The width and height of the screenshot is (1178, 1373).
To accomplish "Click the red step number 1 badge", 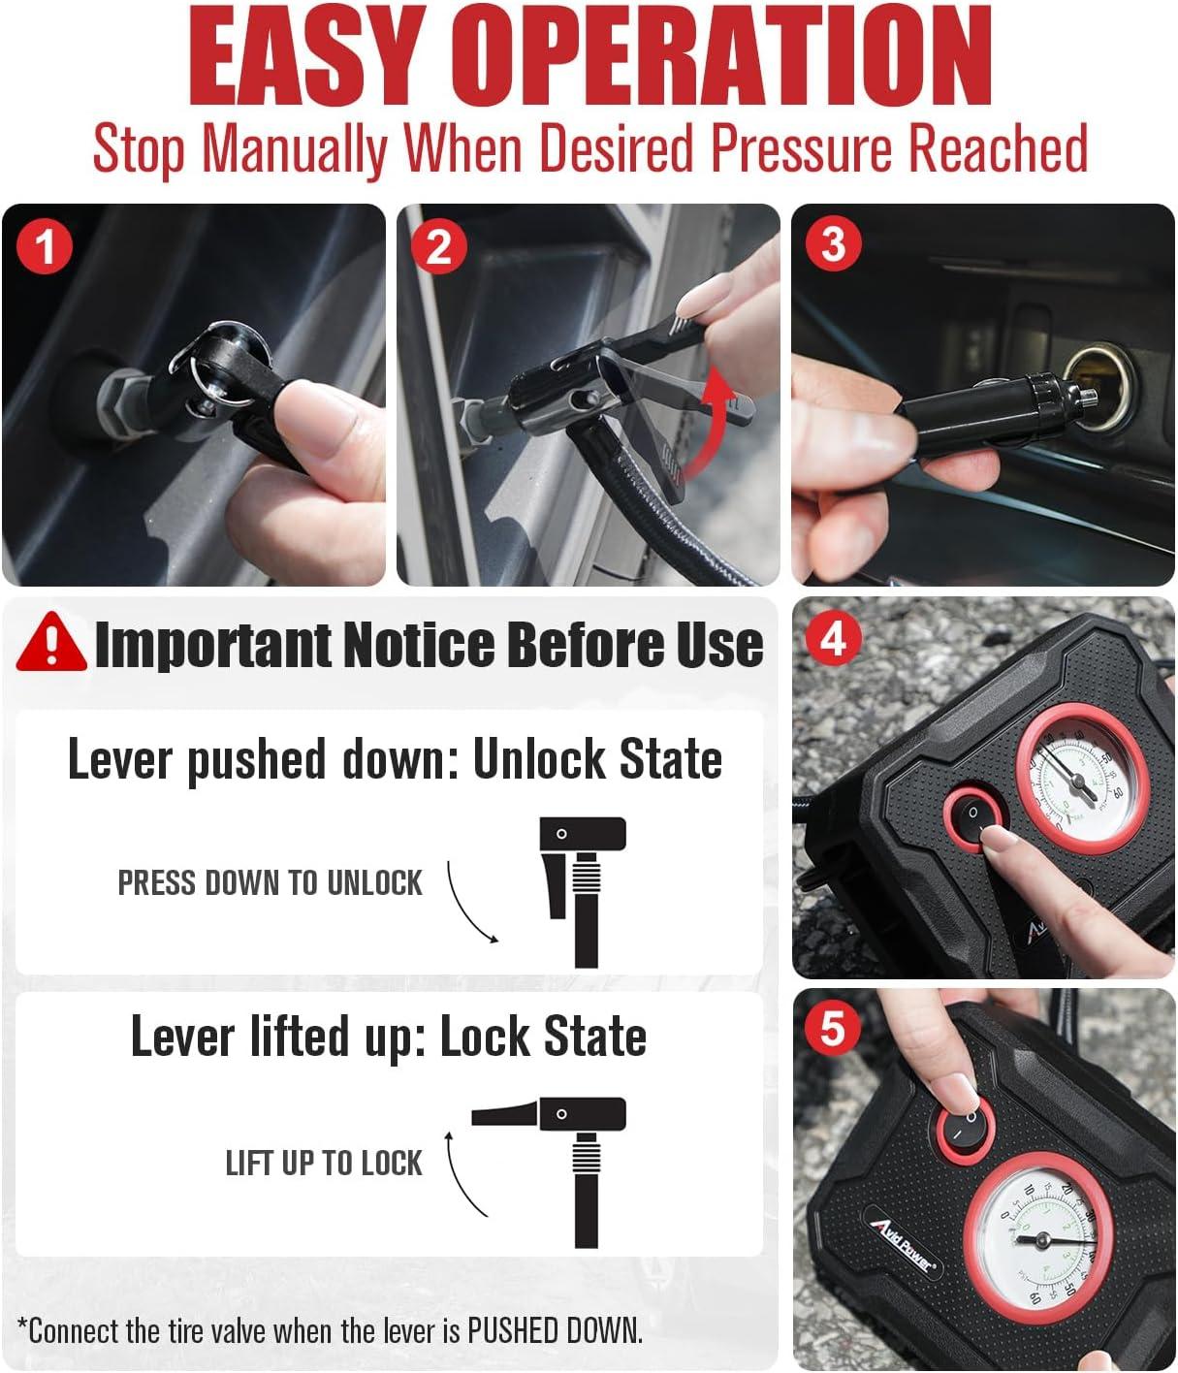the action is (x=45, y=247).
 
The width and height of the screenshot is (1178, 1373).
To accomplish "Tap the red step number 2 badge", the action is (x=438, y=247).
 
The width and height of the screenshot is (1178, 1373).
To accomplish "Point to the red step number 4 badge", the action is (x=834, y=638).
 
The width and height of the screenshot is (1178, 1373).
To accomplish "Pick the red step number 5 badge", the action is (x=832, y=1029).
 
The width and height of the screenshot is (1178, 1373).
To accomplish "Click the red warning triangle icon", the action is (x=51, y=642).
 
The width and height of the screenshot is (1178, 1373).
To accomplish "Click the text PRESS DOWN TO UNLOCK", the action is (x=270, y=882).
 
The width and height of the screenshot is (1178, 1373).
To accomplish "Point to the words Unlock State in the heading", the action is (x=597, y=759).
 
